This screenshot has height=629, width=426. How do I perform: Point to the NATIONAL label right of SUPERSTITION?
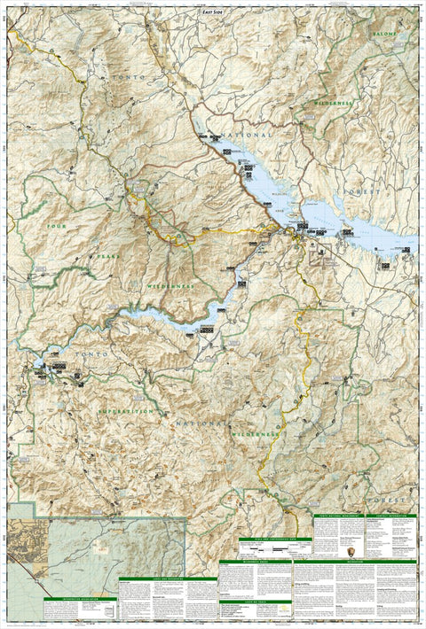pos(193,425)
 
